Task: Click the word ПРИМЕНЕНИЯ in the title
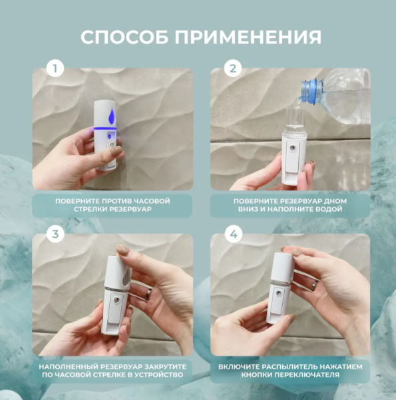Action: pyautogui.click(x=251, y=37)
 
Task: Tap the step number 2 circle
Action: pyautogui.click(x=232, y=69)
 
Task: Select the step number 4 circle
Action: pyautogui.click(x=232, y=234)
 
